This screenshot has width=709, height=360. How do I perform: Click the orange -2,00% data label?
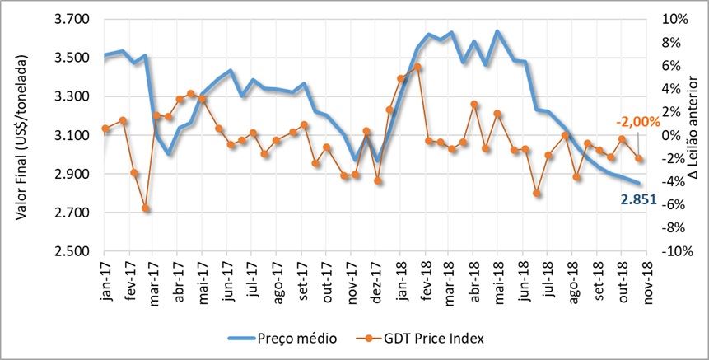pos(640,122)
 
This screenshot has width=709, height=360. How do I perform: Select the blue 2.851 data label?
pos(639,199)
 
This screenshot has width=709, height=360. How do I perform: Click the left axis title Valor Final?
pos(23,137)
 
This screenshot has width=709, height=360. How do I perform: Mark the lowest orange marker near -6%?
pos(146,208)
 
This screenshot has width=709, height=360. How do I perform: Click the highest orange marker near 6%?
pos(417,67)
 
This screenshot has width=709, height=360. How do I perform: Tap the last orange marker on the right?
pos(639,158)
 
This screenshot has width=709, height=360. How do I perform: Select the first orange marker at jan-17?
pos(105,129)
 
